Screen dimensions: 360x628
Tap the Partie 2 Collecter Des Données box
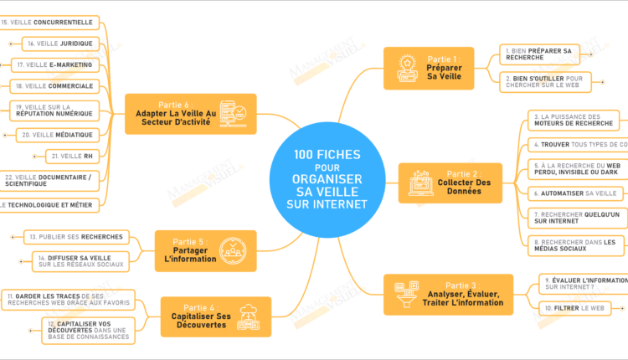[x=450, y=183]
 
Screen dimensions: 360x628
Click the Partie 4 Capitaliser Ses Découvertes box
[x=215, y=316]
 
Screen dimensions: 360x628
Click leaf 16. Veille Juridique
[x=61, y=44]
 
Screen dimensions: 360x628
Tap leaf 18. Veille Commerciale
[x=54, y=85]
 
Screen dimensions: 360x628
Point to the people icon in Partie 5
[x=232, y=249]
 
